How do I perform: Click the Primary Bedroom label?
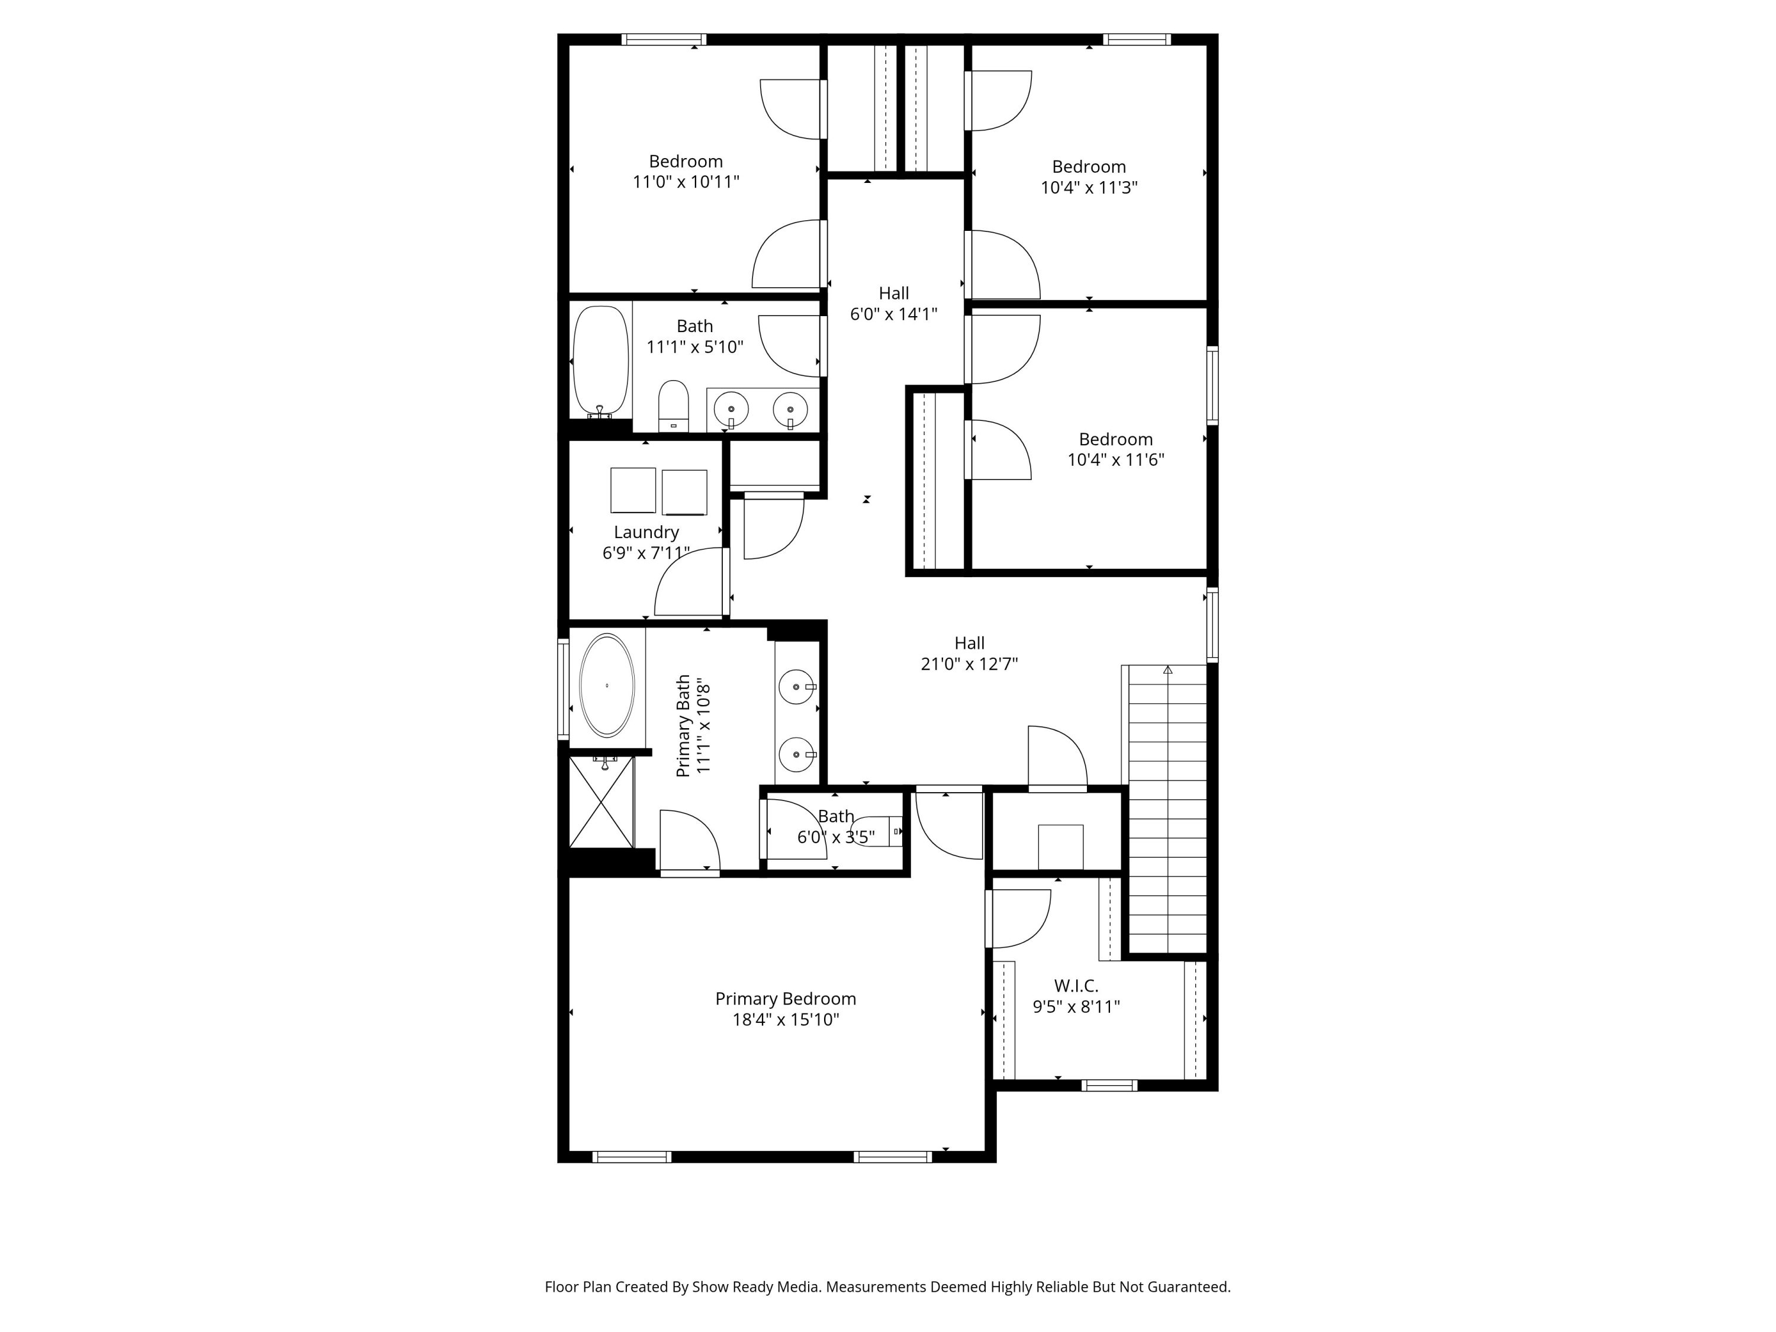tap(785, 999)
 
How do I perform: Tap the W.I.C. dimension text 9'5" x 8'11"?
tap(1076, 1007)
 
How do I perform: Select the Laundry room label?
tap(646, 532)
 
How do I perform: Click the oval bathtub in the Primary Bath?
tap(607, 686)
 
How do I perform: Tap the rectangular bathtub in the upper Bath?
tap(600, 361)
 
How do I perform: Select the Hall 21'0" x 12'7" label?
tap(969, 643)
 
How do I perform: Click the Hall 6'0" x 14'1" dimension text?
tap(893, 314)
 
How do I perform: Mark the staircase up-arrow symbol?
tap(1167, 670)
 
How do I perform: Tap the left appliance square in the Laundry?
tap(633, 490)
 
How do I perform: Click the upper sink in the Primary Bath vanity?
tap(796, 687)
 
